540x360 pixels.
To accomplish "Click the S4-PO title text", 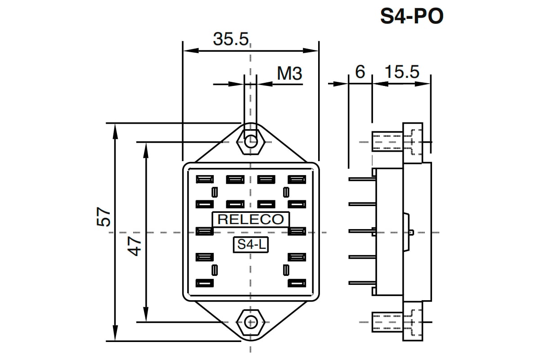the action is click(412, 16).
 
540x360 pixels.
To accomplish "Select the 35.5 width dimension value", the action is click(231, 39).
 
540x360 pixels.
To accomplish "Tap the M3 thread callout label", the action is click(289, 73).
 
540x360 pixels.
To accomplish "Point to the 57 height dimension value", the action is click(103, 216).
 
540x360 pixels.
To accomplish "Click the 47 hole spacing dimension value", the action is click(134, 246).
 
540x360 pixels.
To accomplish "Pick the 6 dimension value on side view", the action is click(360, 72).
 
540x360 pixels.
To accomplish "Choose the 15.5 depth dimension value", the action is click(402, 72).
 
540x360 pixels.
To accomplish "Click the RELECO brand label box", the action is click(251, 220).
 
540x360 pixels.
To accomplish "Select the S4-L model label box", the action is click(251, 245).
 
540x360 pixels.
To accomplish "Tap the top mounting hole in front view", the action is click(251, 142).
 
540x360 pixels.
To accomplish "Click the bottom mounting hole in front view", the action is click(251, 322).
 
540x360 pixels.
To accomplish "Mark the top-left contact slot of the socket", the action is click(205, 180).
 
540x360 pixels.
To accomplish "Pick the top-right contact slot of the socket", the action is click(297, 180).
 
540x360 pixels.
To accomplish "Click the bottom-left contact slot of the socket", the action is click(205, 283).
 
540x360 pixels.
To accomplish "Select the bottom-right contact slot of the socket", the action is click(297, 283).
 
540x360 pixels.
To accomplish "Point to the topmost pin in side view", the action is click(362, 179).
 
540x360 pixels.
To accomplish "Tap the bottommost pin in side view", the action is click(362, 283).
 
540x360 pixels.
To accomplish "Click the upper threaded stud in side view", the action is click(387, 142).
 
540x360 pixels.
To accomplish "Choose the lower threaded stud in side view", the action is click(387, 322).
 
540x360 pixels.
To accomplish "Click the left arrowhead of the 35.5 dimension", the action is click(191, 51).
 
